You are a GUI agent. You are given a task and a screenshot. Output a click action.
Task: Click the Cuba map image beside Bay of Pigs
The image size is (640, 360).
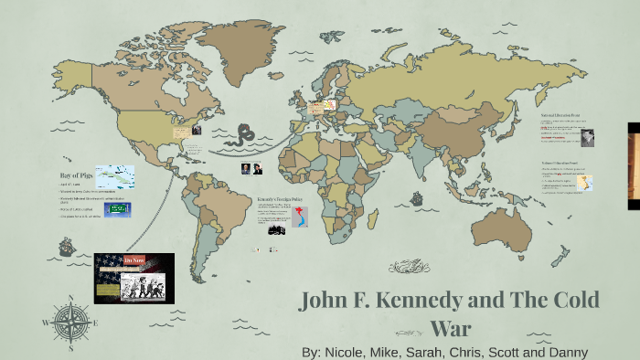pyautogui.click(x=115, y=176)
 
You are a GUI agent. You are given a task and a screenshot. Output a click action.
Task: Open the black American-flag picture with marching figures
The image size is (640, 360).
pyautogui.click(x=133, y=278)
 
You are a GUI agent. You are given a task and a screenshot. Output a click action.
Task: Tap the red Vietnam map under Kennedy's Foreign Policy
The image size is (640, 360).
pyautogui.click(x=301, y=217)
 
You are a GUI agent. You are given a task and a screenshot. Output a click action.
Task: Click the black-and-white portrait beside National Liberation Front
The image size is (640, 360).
pyautogui.click(x=587, y=137)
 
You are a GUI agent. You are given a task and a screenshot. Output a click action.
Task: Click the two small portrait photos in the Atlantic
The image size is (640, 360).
pyautogui.click(x=251, y=169)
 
